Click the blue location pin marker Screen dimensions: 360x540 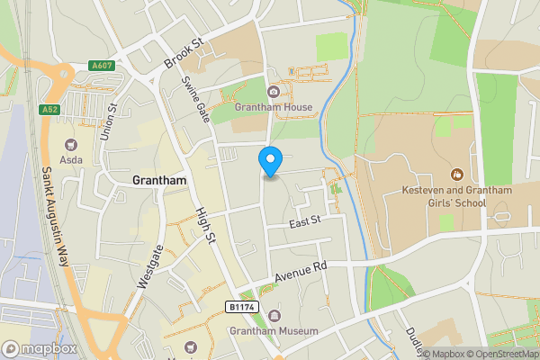pos(270,160)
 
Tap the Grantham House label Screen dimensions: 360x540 pos(274,108)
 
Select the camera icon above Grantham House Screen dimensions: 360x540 pos(274,92)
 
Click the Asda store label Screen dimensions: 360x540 pos(71,159)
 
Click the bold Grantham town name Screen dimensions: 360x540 pos(158,180)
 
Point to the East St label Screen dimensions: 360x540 pos(304,220)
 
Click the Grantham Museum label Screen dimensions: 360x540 pos(274,331)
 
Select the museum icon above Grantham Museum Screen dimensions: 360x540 pos(274,315)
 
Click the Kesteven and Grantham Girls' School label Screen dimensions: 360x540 pos(444,196)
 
